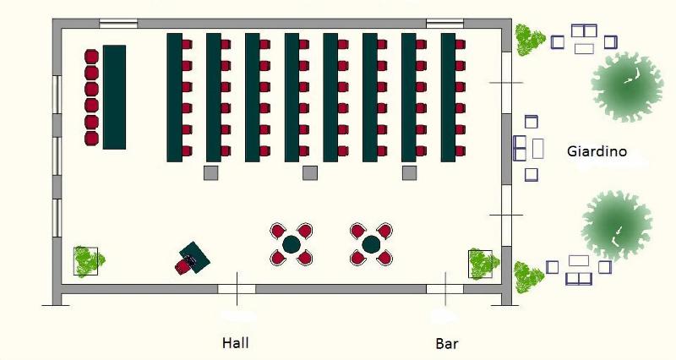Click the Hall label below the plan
235,343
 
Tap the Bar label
446,344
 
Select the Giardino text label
597,152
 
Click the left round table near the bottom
292,244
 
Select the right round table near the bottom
371,244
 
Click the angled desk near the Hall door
195,255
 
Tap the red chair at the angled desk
183,266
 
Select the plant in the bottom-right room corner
481,264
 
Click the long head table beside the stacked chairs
114,97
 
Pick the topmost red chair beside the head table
92,57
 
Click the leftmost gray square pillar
210,172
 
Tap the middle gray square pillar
310,172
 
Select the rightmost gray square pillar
409,172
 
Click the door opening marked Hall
237,288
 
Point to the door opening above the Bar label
444,288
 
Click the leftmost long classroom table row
175,97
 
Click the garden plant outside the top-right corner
530,38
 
